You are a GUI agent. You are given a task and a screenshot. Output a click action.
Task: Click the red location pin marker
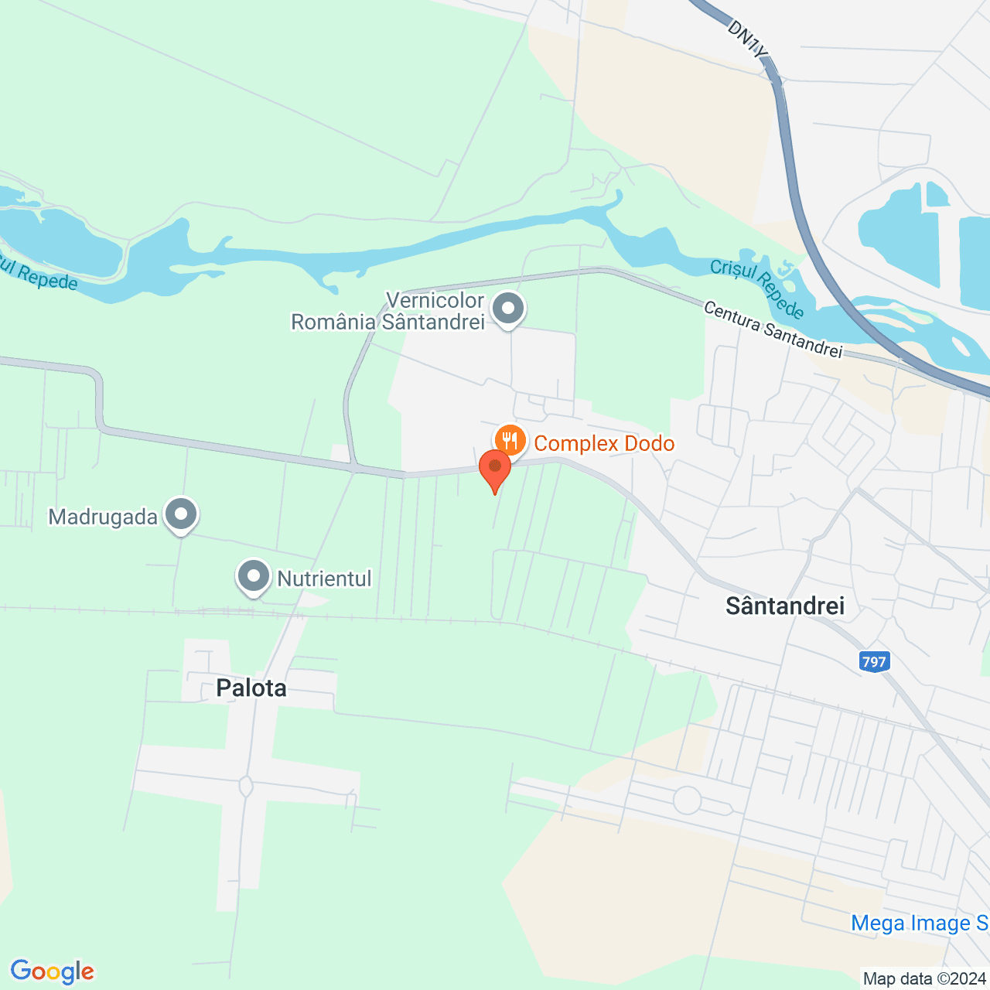point(494,469)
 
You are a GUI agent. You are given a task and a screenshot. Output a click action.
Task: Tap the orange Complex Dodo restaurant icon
point(510,441)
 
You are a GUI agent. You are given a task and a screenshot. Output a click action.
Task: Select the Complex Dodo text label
point(604,444)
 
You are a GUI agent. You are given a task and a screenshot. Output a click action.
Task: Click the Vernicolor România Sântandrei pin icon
point(508,309)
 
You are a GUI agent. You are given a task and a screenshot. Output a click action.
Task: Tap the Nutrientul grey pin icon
point(254,576)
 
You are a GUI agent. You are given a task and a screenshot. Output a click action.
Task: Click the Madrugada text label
point(103,517)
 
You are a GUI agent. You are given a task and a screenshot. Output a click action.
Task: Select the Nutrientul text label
point(324,579)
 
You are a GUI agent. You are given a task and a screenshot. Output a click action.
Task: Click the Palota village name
point(251,688)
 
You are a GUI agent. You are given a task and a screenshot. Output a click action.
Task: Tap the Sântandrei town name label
point(785,606)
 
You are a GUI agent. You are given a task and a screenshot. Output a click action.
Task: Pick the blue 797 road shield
point(874,662)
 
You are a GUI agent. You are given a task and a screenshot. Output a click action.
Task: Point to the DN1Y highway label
point(748,38)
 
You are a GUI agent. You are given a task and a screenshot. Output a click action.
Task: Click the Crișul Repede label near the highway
point(757,288)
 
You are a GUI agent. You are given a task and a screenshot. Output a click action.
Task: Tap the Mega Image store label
point(919,923)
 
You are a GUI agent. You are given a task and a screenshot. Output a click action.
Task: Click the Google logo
point(52,971)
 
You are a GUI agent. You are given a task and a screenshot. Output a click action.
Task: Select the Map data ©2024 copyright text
point(924,978)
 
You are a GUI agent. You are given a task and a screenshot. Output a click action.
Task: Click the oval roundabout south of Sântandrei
point(687,801)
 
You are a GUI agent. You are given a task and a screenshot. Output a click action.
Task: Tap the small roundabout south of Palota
point(246,787)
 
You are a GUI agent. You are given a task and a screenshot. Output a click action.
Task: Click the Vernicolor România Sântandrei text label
point(387,311)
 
